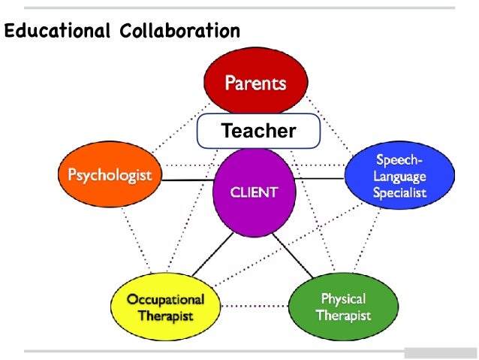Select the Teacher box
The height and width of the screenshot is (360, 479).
[x=258, y=132]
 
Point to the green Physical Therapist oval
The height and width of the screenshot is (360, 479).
[x=343, y=306]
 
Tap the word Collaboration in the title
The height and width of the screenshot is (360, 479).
[x=179, y=32]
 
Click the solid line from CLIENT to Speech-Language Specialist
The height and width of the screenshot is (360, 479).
[x=318, y=178]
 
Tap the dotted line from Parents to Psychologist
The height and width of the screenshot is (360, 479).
[x=169, y=127]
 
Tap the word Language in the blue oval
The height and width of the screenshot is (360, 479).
[x=399, y=177]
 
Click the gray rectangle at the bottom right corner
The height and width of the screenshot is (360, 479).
[x=440, y=353]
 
